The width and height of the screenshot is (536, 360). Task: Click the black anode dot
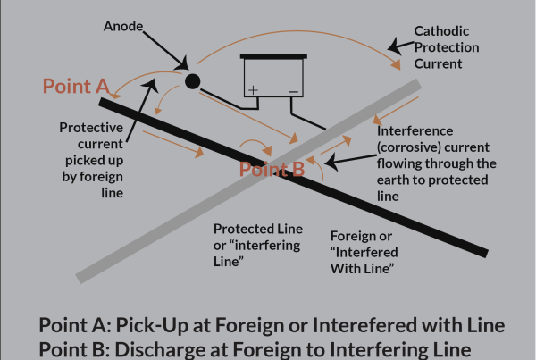[x=190, y=81]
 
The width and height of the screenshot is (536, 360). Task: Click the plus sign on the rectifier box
[x=254, y=90]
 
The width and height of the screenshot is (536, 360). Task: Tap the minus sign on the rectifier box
[x=291, y=90]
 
